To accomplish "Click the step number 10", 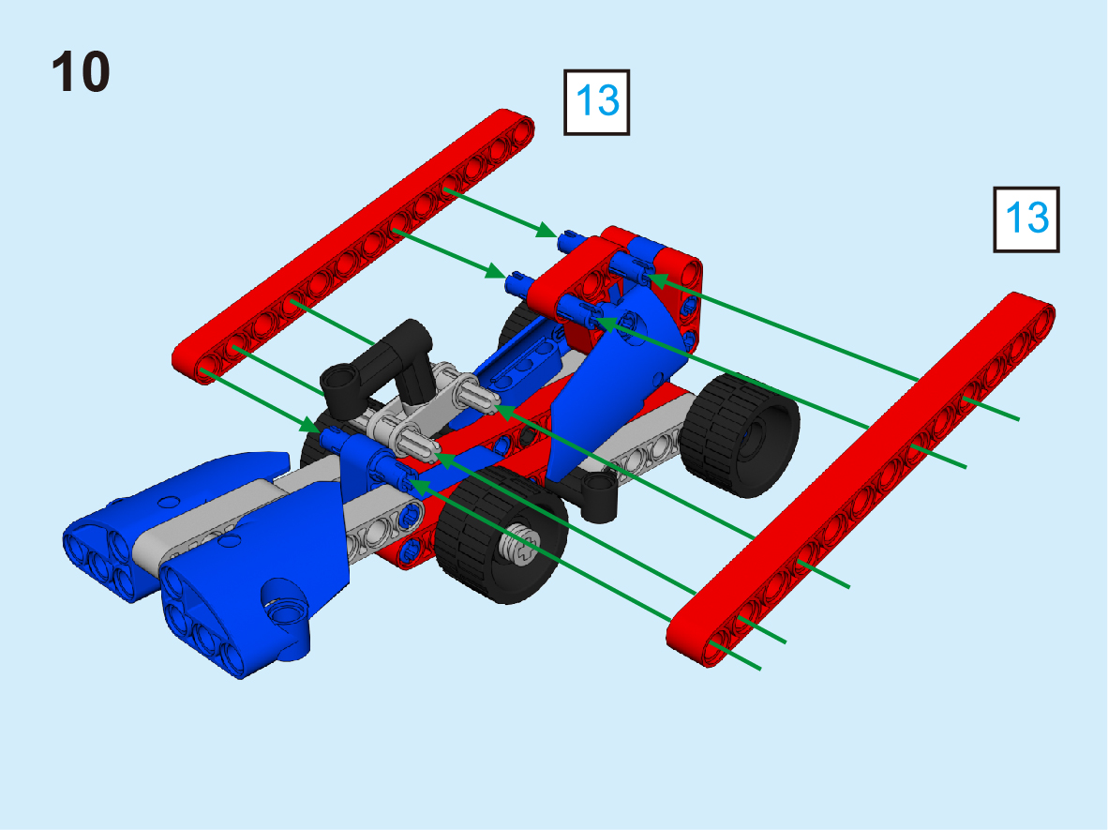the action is tap(81, 71).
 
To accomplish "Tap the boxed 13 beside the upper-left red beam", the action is tap(596, 102).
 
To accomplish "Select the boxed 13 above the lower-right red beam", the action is tap(1026, 219).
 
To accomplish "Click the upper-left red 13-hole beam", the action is tap(353, 246).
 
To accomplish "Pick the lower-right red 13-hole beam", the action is tap(861, 479).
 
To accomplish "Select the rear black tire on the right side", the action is tap(744, 434).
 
